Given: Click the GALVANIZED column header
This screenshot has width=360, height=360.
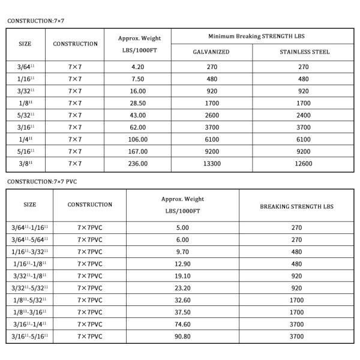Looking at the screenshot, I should click(211, 52).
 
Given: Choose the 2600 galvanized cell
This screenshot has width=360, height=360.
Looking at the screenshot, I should click(211, 115).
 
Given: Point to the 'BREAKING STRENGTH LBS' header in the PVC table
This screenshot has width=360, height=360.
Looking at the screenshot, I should click(296, 205).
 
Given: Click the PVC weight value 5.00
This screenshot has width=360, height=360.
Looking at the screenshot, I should click(183, 227).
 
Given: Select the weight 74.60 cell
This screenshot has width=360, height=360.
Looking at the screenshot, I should click(183, 324).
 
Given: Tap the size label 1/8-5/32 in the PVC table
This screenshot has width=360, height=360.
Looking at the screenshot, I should click(29, 300).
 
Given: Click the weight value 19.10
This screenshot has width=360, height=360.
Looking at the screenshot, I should click(183, 275).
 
